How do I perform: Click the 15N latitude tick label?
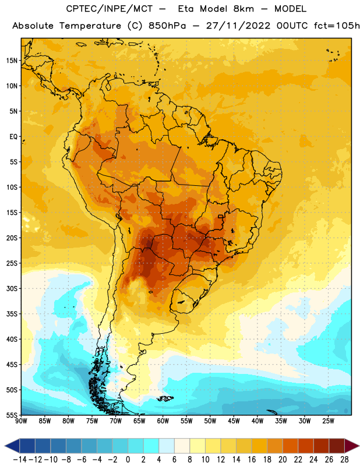[x=12, y=61]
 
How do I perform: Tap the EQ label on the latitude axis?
[x=13, y=137]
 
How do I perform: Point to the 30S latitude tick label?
[x=12, y=288]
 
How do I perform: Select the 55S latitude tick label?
[x=12, y=415]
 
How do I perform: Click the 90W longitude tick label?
[x=21, y=421]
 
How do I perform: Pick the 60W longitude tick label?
[x=163, y=421]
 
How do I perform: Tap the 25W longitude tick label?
[x=328, y=421]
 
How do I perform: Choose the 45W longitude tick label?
[x=234, y=421]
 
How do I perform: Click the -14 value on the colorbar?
[x=20, y=460]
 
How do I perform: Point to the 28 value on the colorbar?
[x=344, y=460]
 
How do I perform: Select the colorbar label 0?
[x=128, y=460]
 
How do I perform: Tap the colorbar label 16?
[x=252, y=460]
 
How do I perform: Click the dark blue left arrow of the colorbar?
[x=12, y=446]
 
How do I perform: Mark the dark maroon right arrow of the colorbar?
[x=352, y=446]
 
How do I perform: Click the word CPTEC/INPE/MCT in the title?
[x=110, y=9]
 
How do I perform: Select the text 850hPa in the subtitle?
[x=167, y=26]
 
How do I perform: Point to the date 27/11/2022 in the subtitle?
[x=238, y=26]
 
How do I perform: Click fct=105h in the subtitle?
[x=337, y=26]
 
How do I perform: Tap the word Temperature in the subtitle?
[x=90, y=26]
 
